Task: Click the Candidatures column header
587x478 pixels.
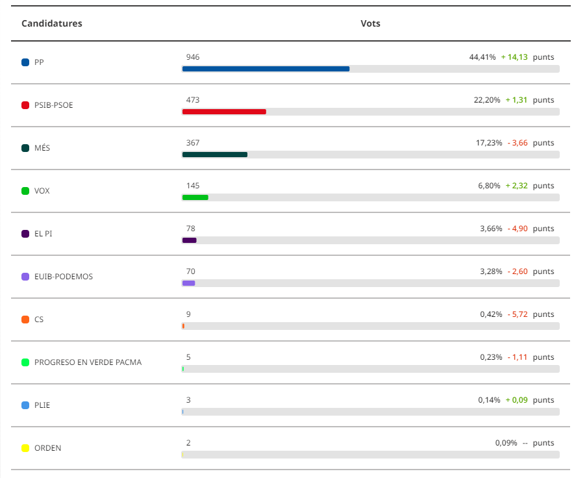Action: tap(52, 24)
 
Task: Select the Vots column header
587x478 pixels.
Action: tap(370, 24)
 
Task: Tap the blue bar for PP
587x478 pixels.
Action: tap(266, 69)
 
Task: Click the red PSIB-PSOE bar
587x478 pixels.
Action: tap(224, 112)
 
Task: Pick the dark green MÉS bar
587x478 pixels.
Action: tap(215, 155)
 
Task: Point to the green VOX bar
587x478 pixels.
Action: tap(195, 197)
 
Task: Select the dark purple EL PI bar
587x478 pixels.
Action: tap(189, 240)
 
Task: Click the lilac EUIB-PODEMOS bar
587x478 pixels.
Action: tap(188, 283)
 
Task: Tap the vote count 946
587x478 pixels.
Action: tap(193, 57)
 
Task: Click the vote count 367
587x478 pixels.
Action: tap(193, 143)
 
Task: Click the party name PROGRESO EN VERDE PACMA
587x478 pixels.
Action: tap(88, 362)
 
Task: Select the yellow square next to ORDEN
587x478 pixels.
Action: tap(26, 448)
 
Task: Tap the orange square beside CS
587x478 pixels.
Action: tap(26, 320)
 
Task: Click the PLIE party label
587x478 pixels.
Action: tap(42, 405)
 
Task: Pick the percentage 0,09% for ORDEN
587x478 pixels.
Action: tap(506, 443)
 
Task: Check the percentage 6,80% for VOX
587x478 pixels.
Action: tap(489, 186)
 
